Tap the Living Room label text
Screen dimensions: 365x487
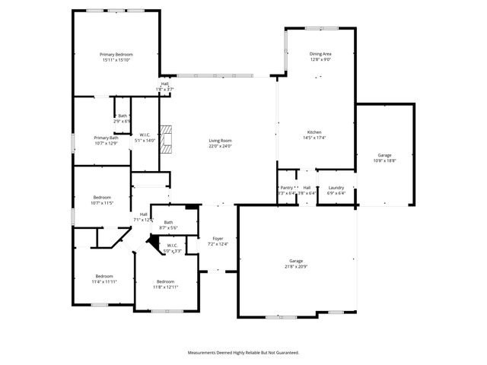pyautogui.click(x=221, y=141)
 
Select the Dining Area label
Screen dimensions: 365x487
pyautogui.click(x=320, y=54)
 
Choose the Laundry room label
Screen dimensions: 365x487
pyautogui.click(x=336, y=188)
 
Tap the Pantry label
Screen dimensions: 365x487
pyautogui.click(x=286, y=187)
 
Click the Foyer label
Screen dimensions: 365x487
pyautogui.click(x=218, y=239)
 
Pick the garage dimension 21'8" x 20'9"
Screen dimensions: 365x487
pyautogui.click(x=296, y=265)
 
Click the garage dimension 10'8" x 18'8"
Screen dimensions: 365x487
pyautogui.click(x=385, y=160)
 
